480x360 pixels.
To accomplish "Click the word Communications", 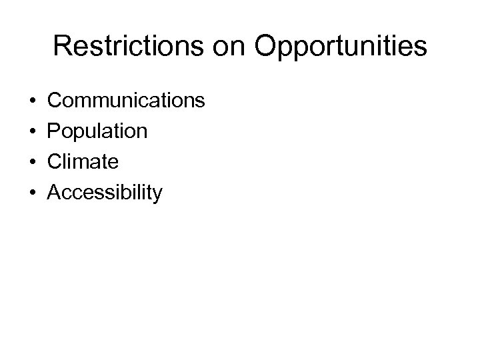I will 127,100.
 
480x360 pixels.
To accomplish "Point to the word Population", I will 98,131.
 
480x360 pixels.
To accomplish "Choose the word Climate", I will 84,162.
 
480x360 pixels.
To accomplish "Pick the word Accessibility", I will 105,193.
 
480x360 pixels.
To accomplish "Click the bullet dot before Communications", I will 33,101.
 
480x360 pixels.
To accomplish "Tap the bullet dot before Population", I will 33,132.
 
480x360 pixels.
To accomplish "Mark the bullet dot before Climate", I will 33,163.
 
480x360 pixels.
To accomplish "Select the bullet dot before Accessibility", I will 33,194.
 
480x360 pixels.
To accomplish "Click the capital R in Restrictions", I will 63,46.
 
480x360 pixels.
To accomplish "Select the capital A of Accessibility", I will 56,193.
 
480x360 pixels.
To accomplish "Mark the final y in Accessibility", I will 157,196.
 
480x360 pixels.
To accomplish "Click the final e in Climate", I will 115,163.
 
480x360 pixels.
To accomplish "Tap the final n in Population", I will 142,132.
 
